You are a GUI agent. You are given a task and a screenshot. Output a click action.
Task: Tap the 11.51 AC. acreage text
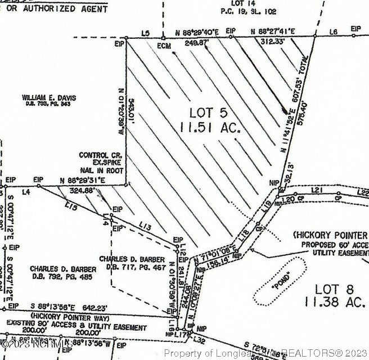click(210, 128)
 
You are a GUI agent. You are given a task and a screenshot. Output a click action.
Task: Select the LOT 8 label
click(334, 289)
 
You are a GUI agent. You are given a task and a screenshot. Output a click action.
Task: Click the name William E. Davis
click(49, 98)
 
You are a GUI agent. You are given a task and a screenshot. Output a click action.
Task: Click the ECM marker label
click(164, 45)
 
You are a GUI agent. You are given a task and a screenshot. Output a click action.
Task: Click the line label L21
click(317, 191)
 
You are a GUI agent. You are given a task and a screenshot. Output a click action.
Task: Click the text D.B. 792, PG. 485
click(63, 277)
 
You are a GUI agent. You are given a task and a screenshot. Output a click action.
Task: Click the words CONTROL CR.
click(97, 155)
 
